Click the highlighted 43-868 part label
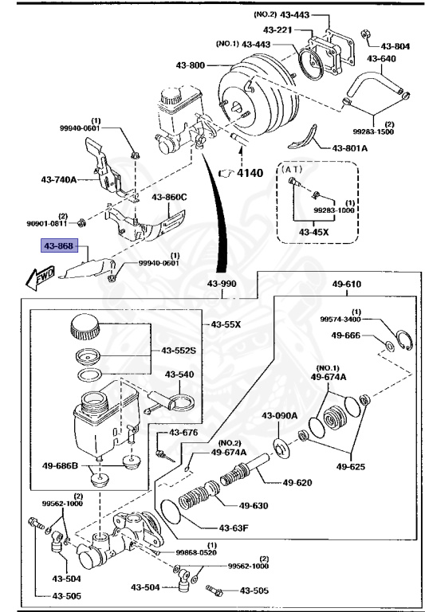coord(60,246)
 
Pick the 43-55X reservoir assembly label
coord(226,325)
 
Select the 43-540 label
coord(180,374)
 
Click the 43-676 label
coord(183,433)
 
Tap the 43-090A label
coord(280,415)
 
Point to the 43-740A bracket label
coord(58,179)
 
